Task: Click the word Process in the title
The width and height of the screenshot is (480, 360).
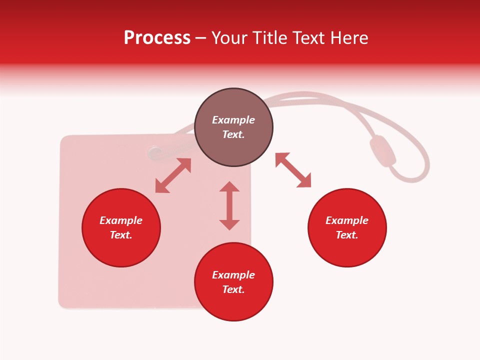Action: coord(157,38)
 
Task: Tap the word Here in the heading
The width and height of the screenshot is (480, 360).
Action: coord(348,38)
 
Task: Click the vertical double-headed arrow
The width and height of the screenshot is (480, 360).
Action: coord(229,205)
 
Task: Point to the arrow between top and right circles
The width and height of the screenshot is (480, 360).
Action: coord(293,170)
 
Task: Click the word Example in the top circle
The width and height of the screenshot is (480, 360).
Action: coord(233,120)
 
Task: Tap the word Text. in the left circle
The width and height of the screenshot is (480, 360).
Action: coord(121,235)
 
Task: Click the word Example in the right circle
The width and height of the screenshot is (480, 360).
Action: coord(347,220)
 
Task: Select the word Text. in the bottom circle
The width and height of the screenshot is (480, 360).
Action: coord(233,289)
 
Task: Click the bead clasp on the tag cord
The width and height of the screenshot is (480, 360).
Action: coord(382,150)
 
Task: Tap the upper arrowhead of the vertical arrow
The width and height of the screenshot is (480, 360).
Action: coord(229,187)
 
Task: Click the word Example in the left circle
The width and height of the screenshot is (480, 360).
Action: coord(121,220)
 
